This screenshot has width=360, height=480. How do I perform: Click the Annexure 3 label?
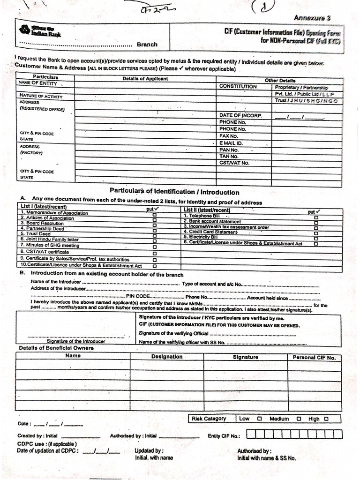point(312,18)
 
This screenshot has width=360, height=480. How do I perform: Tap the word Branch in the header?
point(147,45)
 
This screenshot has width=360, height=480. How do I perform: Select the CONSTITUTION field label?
point(238,87)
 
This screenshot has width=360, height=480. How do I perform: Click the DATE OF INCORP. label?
point(240,115)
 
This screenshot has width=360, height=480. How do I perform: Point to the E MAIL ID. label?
point(231,143)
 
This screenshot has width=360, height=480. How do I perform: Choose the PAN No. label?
point(229,150)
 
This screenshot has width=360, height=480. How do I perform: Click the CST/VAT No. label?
point(234,163)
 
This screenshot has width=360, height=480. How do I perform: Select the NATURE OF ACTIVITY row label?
point(40,96)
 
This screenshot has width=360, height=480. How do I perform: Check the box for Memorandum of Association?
point(155,213)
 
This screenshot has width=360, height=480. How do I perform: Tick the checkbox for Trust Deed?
point(155,234)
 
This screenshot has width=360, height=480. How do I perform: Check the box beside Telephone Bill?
point(316,217)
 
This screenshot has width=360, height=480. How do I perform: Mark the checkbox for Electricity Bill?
point(316,238)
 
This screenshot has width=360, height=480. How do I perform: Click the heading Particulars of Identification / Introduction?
point(174,192)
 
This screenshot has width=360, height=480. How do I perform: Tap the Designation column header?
point(167,357)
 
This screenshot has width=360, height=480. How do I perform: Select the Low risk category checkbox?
point(259,419)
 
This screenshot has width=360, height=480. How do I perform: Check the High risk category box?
point(326,419)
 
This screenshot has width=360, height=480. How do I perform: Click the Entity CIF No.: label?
point(224,435)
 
